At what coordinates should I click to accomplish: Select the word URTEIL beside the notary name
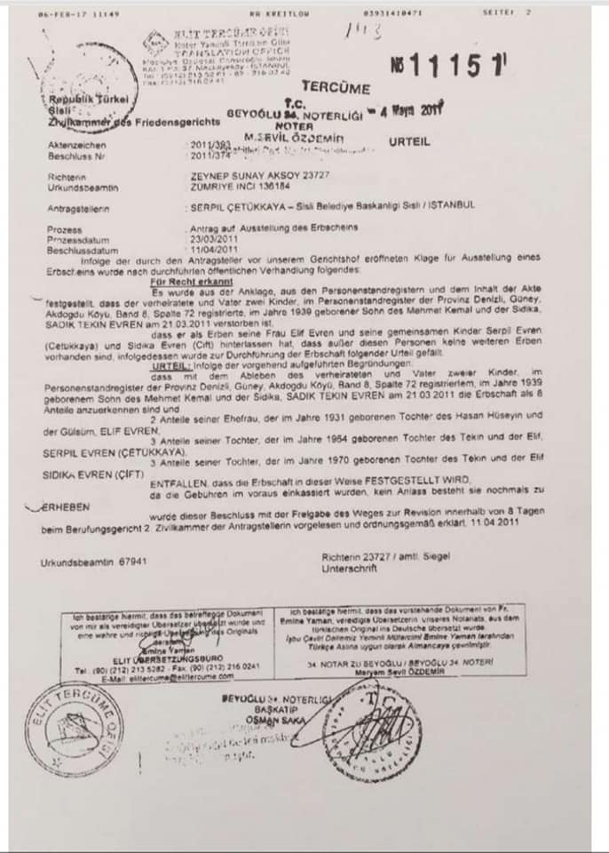tap(408, 141)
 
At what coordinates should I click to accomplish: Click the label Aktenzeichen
tap(78, 144)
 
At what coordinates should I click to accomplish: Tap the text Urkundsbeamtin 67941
tap(93, 562)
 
